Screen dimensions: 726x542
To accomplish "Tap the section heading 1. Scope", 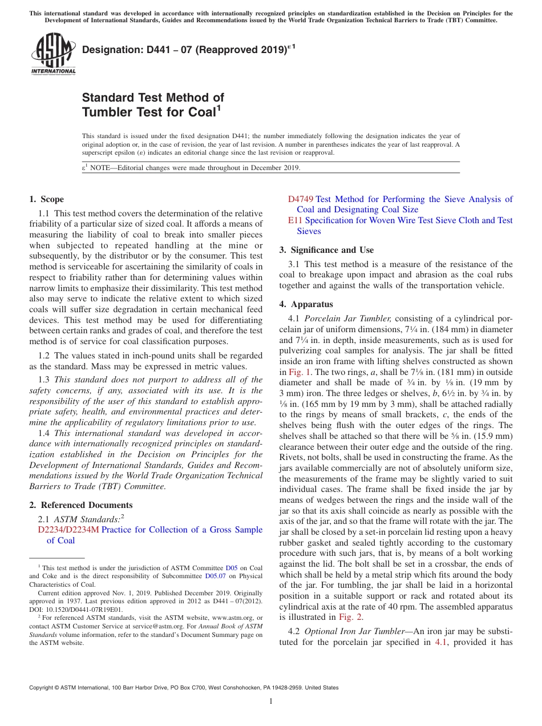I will (46, 199).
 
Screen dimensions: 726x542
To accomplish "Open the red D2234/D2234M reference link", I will (68, 530).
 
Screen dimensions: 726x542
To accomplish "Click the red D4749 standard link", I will (300, 199).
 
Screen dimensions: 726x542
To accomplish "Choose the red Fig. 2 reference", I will (350, 616).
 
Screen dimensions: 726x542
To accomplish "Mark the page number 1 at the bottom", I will (271, 701).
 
